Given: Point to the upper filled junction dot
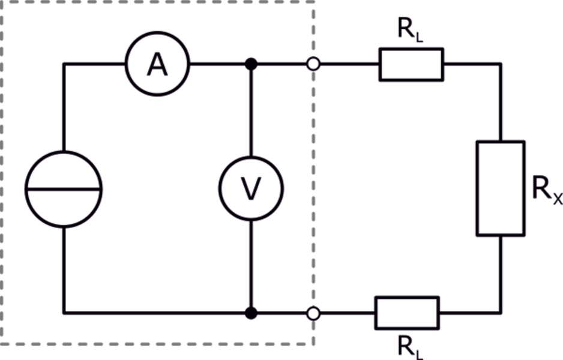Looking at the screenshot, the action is coord(251,64).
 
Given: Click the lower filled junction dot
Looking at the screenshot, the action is coord(251,313).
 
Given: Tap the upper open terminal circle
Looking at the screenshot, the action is coord(313,64).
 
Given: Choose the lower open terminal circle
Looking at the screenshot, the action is coord(313,313).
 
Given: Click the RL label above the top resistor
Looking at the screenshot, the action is coord(411,29).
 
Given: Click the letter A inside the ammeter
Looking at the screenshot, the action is coord(157,65).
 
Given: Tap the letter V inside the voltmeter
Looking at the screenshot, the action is coord(251,189).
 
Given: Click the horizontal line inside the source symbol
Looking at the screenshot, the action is coord(64,189).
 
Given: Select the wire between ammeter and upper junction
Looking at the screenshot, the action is coord(217,64).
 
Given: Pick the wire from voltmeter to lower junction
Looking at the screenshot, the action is coord(251,264).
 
